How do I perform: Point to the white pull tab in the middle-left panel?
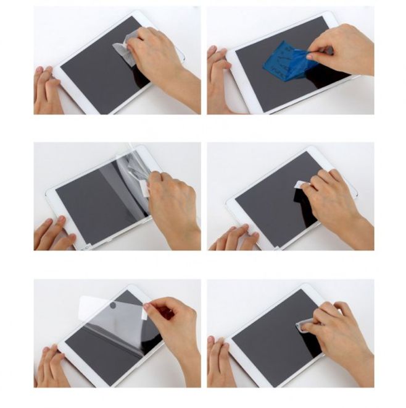click(146, 187)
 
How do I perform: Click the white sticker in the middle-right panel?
click(300, 185)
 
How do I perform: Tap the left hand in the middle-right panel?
click(231, 238)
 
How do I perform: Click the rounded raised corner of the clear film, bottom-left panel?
click(86, 301)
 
